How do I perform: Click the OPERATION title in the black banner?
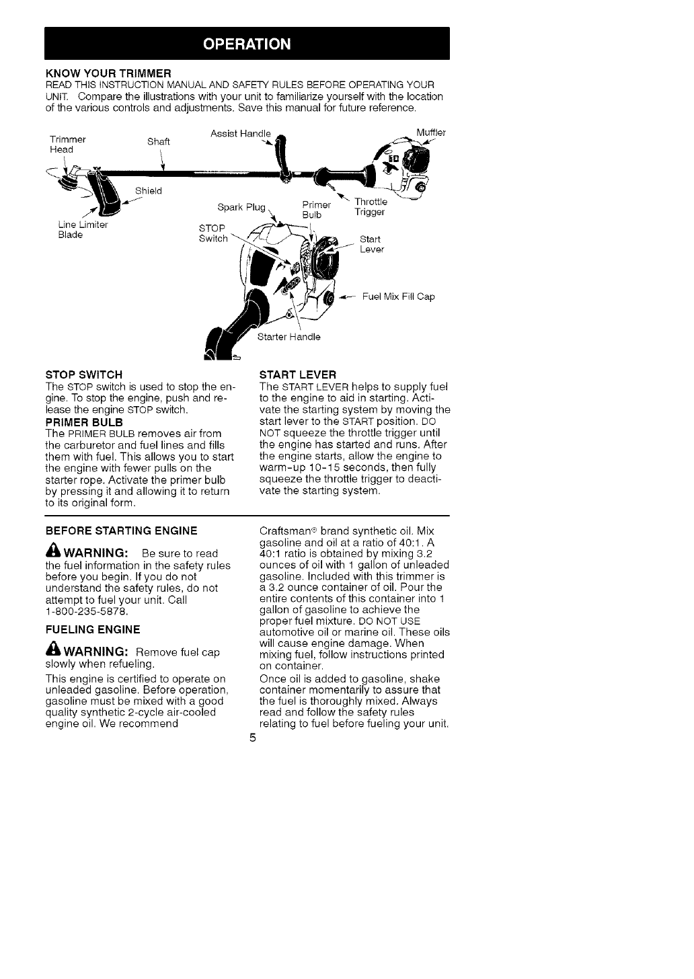point(247,44)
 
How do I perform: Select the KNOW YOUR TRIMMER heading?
point(109,72)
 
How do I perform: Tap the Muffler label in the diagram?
point(431,132)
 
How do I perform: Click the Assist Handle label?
point(240,132)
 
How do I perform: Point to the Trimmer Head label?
point(68,144)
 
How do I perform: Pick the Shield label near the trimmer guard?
point(149,190)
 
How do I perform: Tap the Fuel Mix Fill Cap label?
point(398,297)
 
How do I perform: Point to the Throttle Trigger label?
point(370,207)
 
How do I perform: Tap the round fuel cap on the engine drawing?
point(330,298)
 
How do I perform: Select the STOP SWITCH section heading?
point(83,375)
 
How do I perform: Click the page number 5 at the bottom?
point(252,738)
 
